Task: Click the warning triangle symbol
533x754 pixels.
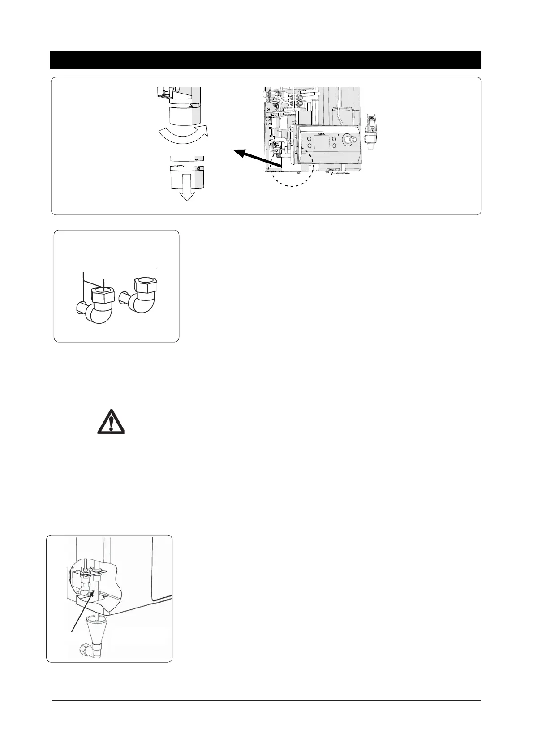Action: (111, 421)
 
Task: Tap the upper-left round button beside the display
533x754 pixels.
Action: (309, 138)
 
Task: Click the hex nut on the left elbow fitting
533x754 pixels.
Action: (103, 296)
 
